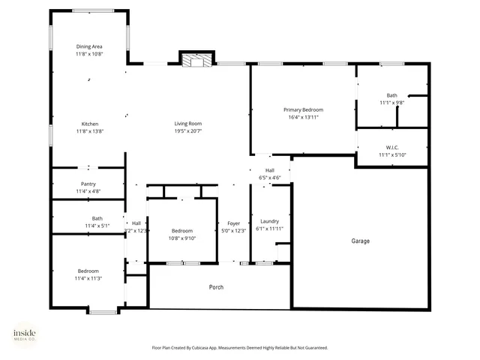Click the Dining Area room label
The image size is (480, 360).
tap(88, 46)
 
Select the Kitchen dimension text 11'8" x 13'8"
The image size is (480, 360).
tap(88, 131)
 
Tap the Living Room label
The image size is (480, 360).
tap(188, 124)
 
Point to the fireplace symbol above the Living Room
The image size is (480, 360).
tap(196, 60)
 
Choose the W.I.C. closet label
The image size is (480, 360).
tap(392, 147)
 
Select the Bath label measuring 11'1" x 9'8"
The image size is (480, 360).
tap(392, 95)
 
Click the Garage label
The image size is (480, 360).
tap(361, 241)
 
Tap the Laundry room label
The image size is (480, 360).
tap(269, 221)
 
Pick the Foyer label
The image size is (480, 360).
tap(233, 223)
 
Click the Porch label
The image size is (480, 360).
tap(216, 287)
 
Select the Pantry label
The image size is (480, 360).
tap(88, 184)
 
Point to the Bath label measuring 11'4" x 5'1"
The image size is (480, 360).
tap(87, 218)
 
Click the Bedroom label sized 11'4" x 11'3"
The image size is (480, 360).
tap(88, 271)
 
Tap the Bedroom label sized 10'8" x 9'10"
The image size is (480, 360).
tap(182, 231)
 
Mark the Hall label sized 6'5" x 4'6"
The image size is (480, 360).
tap(269, 170)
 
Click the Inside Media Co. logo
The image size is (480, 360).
tap(24, 335)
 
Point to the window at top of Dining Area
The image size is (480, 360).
tap(94, 10)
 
